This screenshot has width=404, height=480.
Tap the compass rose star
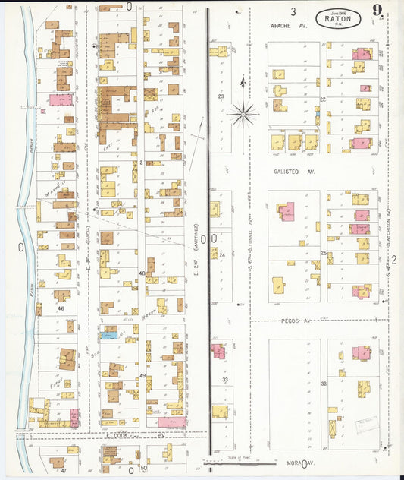(x=243, y=115)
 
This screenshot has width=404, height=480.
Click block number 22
(x=323, y=99)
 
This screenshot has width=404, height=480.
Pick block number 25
(x=323, y=253)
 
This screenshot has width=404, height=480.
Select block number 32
(x=323, y=384)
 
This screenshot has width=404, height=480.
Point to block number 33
(x=224, y=380)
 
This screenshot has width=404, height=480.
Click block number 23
(x=221, y=96)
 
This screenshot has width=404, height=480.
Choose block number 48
(x=141, y=273)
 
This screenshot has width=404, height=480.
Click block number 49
(x=142, y=376)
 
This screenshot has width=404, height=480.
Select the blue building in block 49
(x=108, y=334)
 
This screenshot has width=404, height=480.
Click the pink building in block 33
(x=218, y=351)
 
